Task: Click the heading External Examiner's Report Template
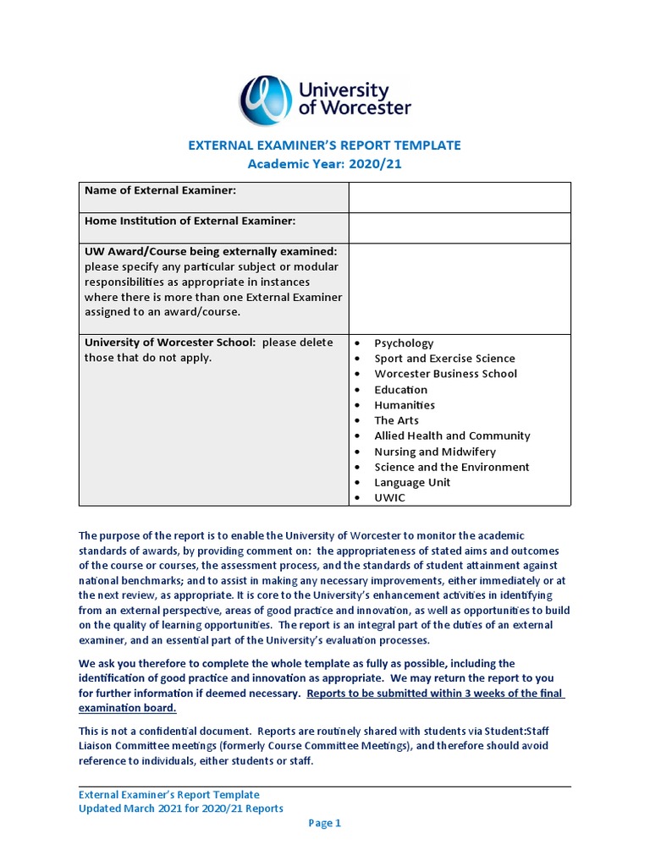click(324, 145)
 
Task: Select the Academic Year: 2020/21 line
click(325, 164)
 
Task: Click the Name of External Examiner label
click(160, 191)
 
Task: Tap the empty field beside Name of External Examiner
click(460, 197)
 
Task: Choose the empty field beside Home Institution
click(460, 227)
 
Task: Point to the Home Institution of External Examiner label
click(190, 221)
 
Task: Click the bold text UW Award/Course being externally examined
click(211, 251)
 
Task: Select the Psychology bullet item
click(404, 343)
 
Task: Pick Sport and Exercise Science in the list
click(444, 359)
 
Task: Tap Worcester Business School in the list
click(445, 374)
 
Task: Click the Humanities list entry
click(405, 405)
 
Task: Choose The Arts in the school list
click(396, 420)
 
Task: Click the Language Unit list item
click(412, 482)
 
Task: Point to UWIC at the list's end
click(389, 497)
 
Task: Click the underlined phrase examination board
click(127, 709)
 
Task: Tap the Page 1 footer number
click(324, 823)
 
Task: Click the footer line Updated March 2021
click(181, 808)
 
